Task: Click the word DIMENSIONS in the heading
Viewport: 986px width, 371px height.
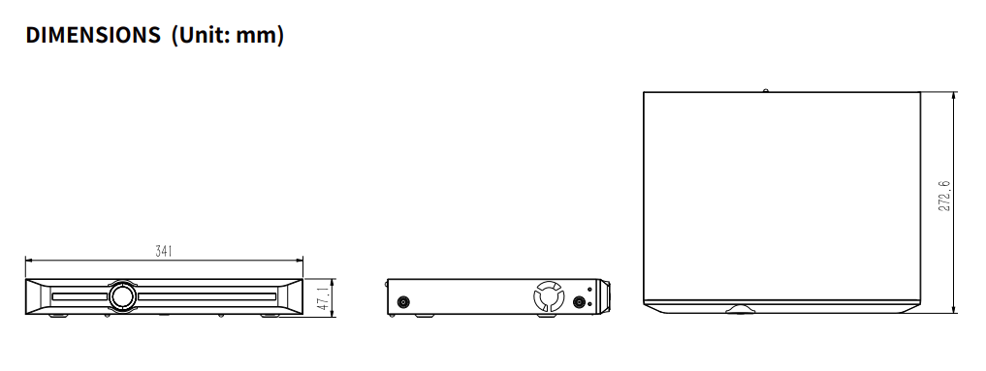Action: click(93, 35)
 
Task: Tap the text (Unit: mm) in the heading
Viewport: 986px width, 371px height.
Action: click(227, 35)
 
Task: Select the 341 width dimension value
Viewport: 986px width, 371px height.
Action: click(164, 252)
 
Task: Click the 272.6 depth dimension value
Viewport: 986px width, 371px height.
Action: click(945, 197)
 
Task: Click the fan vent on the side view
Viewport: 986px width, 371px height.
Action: click(547, 296)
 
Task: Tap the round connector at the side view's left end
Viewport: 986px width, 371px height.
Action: click(403, 302)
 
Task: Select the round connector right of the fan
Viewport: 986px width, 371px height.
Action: click(579, 302)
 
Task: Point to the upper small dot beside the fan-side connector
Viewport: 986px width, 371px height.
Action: click(590, 290)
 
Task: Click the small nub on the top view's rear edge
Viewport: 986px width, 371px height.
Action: click(765, 91)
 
